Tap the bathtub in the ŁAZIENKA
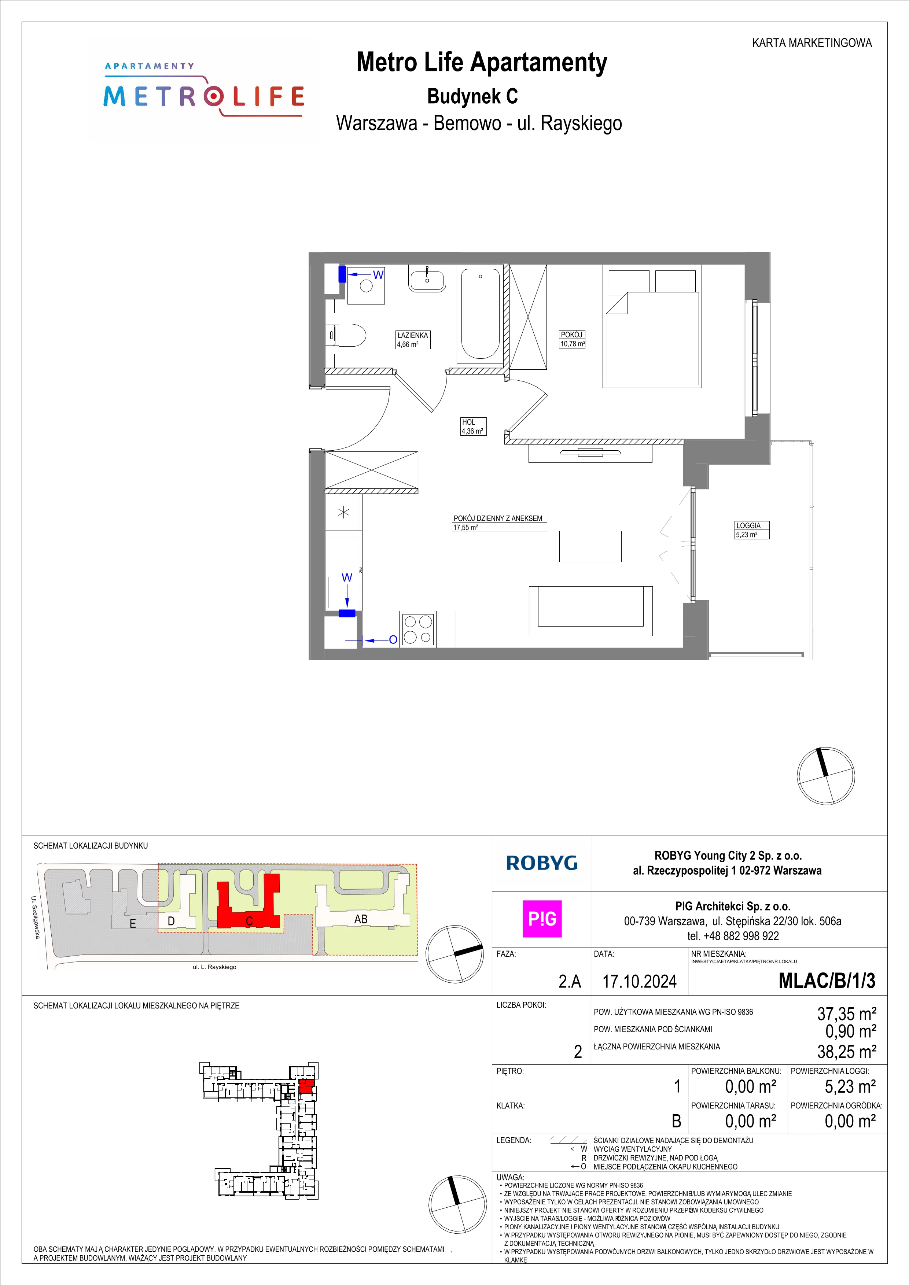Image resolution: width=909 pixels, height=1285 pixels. click(480, 313)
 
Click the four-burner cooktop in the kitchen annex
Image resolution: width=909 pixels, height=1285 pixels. click(418, 629)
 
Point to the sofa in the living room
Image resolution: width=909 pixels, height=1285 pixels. click(590, 610)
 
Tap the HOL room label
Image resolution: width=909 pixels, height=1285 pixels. click(468, 422)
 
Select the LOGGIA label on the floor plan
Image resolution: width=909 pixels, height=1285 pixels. click(748, 525)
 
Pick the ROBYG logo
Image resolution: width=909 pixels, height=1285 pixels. click(541, 863)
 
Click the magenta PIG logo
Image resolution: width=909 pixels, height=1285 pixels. click(542, 919)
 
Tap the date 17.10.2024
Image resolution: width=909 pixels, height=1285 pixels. click(639, 981)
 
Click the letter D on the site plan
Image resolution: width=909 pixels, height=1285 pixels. click(171, 921)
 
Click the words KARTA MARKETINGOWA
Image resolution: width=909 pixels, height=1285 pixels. click(812, 43)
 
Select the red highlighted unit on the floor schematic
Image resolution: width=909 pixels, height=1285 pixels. click(306, 1086)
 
